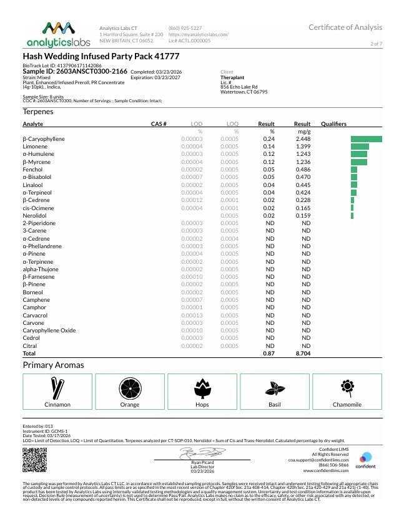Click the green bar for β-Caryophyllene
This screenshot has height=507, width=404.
tap(366, 138)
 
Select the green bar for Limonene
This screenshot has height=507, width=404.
tap(360, 146)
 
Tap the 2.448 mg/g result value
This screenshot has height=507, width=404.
tap(303, 138)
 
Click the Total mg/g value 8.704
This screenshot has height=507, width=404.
tap(303, 353)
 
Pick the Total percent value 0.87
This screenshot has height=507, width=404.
tap(269, 353)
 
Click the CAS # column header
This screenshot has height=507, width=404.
tap(159, 124)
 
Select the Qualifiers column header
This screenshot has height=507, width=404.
tap(333, 124)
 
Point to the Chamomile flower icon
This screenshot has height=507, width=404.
tap(347, 387)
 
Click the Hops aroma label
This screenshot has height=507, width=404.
tap(202, 405)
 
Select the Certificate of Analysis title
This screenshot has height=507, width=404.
tap(345, 27)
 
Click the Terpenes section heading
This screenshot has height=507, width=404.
tap(38, 112)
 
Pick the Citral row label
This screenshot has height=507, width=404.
tap(29, 345)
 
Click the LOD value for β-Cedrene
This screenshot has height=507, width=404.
tap(192, 200)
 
